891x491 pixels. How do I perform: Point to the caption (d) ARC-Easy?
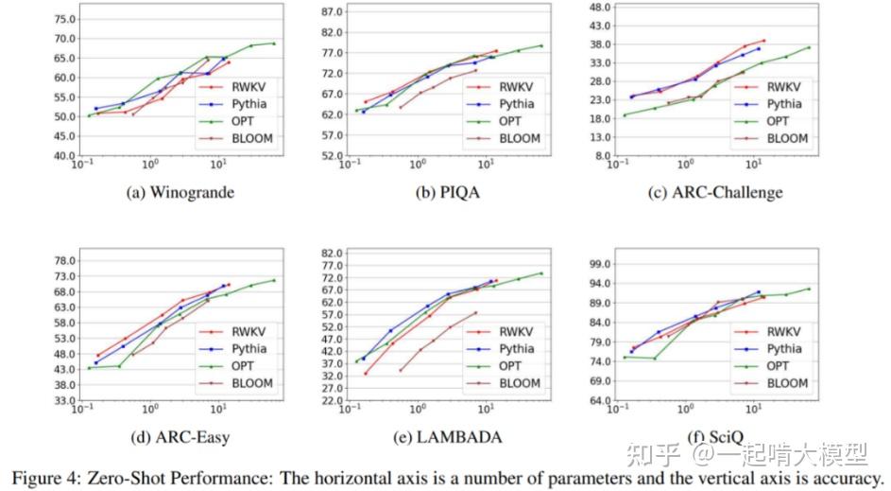click(x=180, y=437)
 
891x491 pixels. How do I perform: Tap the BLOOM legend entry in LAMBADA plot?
click(x=517, y=383)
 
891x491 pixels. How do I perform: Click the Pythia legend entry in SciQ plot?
click(x=786, y=349)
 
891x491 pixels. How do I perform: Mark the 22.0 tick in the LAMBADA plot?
click(x=332, y=400)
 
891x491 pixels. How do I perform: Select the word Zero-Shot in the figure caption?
click(x=123, y=478)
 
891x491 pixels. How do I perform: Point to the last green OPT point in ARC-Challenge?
click(x=809, y=47)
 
